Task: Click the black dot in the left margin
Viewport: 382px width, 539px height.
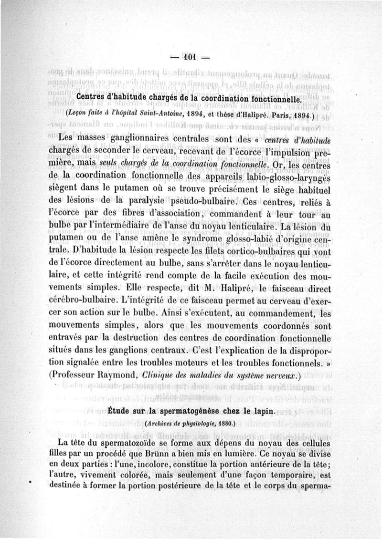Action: pos(31,483)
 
